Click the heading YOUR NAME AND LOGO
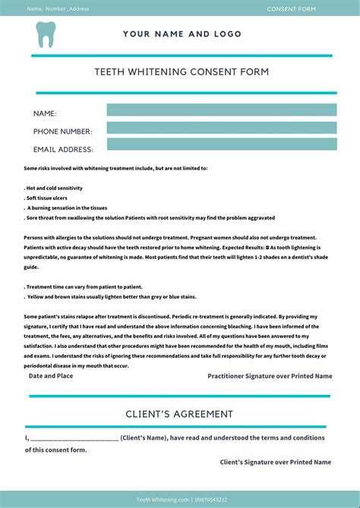pyautogui.click(x=182, y=34)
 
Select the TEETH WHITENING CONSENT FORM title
pyautogui.click(x=182, y=72)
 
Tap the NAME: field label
pyautogui.click(x=45, y=113)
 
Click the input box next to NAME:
pyautogui.click(x=221, y=110)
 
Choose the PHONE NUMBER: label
pyautogui.click(x=62, y=131)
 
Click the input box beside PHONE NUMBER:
pyautogui.click(x=221, y=127)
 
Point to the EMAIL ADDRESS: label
pyautogui.click(x=63, y=150)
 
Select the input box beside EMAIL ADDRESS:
pyautogui.click(x=221, y=144)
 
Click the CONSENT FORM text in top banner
pyautogui.click(x=292, y=9)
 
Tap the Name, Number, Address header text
pyautogui.click(x=58, y=9)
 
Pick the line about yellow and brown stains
pyautogui.click(x=111, y=296)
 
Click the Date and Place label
pyautogui.click(x=51, y=375)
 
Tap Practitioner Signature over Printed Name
pyautogui.click(x=270, y=376)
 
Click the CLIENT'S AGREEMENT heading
pyautogui.click(x=179, y=414)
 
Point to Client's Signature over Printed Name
pyautogui.click(x=275, y=462)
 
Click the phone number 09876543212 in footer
pyautogui.click(x=211, y=500)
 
